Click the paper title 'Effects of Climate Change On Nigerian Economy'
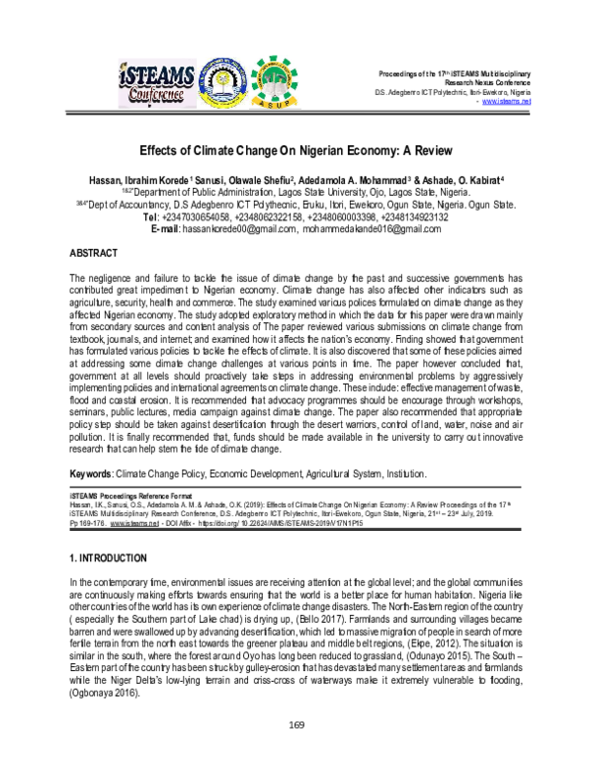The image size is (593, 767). pyautogui.click(x=296, y=153)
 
